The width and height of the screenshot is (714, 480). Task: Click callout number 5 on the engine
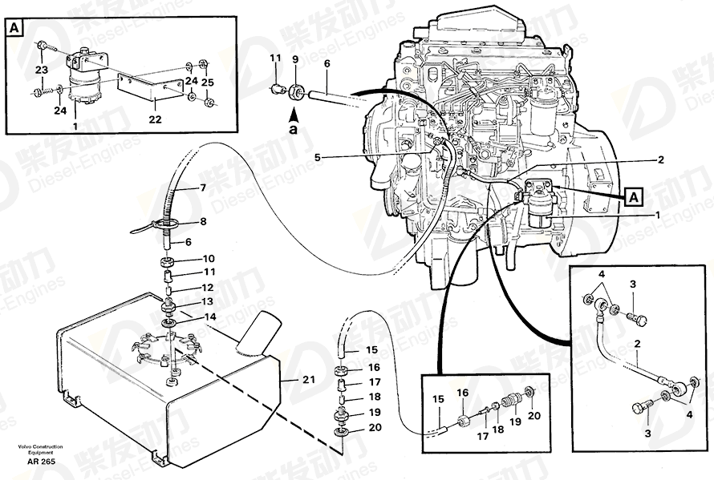coord(317,158)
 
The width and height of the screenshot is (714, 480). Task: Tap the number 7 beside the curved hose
coord(202,188)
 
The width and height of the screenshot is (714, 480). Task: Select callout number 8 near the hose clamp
coord(202,222)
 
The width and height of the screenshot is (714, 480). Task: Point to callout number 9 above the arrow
coord(295,58)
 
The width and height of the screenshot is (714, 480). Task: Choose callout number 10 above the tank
coord(209,259)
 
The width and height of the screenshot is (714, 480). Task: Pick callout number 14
coord(209,317)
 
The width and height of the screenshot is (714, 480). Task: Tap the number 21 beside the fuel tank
coord(309,380)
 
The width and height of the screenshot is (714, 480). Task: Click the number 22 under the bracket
coord(155,119)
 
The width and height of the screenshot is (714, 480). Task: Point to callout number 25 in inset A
coord(208,82)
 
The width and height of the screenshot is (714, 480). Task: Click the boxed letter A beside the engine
coord(634,195)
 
